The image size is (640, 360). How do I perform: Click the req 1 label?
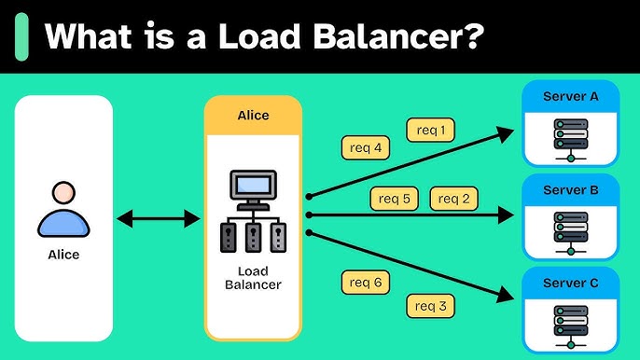click(431, 130)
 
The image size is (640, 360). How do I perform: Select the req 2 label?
click(453, 198)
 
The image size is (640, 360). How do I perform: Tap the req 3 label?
click(430, 304)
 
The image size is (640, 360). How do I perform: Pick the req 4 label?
click(365, 146)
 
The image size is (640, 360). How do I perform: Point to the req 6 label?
click(365, 282)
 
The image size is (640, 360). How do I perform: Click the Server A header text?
click(570, 95)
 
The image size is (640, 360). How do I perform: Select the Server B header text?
click(570, 189)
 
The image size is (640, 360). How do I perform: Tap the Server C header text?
click(570, 284)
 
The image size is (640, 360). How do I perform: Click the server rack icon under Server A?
click(570, 138)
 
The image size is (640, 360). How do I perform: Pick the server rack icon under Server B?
click(570, 231)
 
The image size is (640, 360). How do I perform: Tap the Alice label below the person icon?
click(63, 254)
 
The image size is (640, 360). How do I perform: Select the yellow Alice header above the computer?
click(253, 116)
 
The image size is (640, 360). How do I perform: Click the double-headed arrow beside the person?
click(159, 218)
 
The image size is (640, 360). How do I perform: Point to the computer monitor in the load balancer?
click(253, 187)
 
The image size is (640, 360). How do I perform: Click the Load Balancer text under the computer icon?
click(253, 277)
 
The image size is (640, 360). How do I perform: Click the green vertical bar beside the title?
click(22, 37)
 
